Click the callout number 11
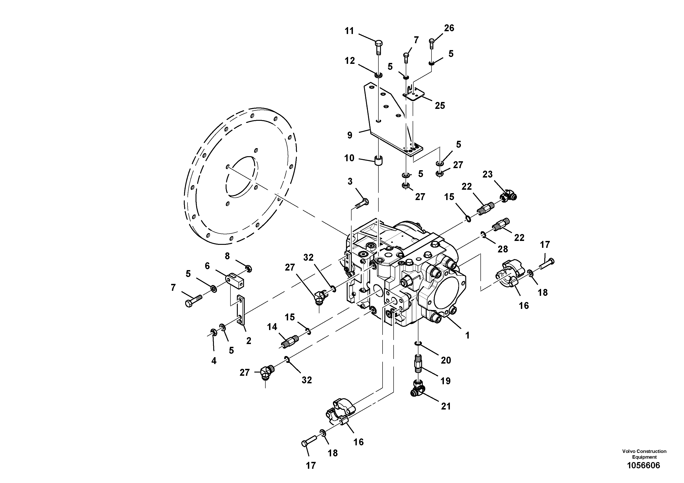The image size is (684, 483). tap(349, 31)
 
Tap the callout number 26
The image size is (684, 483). tap(449, 28)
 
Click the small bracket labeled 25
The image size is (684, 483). tap(414, 94)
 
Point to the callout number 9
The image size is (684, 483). tap(350, 135)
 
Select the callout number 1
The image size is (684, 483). tap(467, 335)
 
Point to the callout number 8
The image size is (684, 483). tap(227, 256)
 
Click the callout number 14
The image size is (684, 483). tap(272, 327)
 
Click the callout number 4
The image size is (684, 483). tap(214, 361)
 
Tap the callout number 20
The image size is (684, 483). tap(446, 360)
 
